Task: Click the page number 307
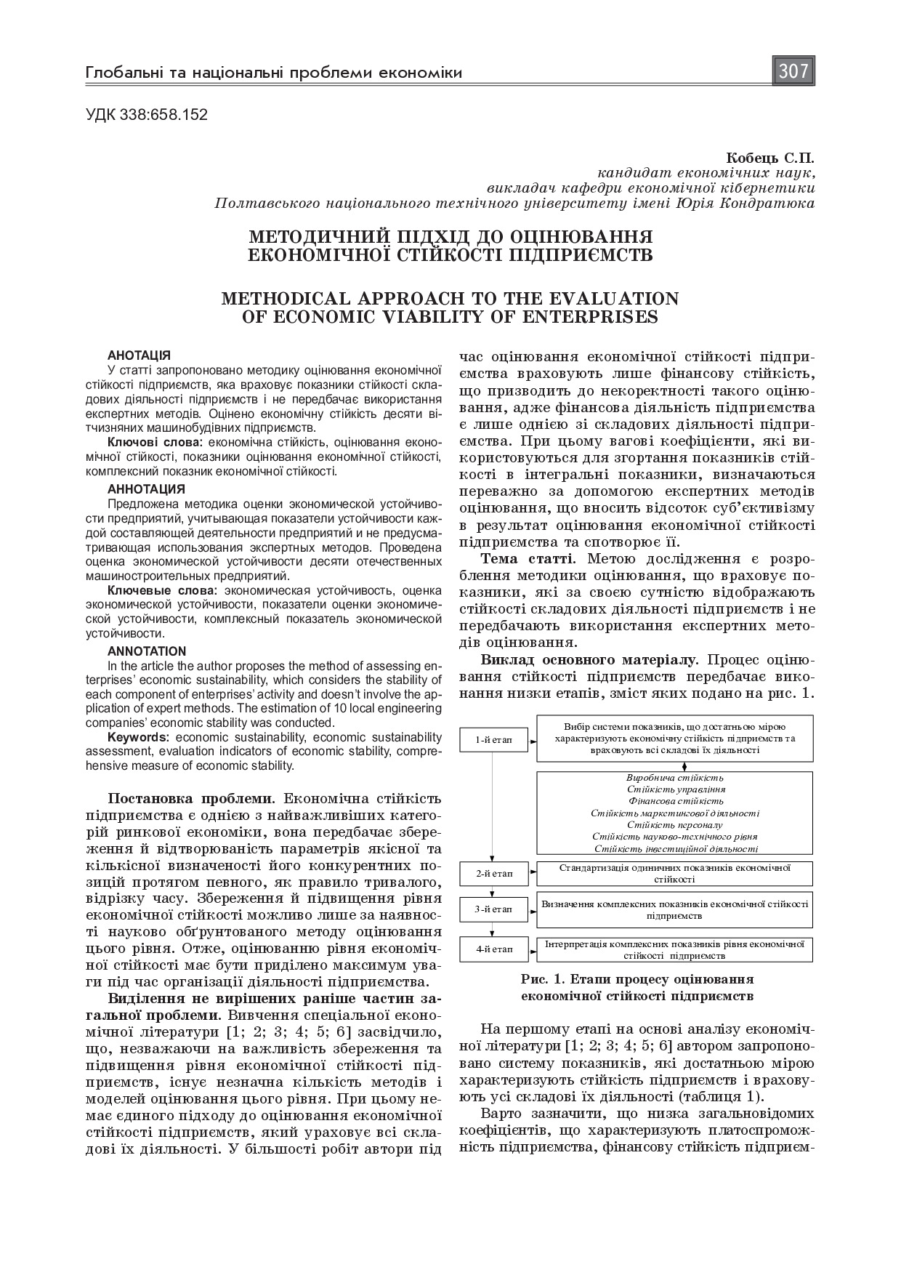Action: tap(793, 71)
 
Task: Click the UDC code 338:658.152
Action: tap(146, 114)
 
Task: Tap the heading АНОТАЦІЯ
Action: tap(139, 355)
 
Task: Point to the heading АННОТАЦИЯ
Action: tap(146, 488)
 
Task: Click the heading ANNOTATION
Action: tap(147, 651)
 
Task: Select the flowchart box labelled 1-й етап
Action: tap(493, 739)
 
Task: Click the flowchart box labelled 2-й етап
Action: tap(493, 874)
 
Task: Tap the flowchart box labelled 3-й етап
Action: tap(493, 909)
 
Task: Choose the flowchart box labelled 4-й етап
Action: tap(493, 949)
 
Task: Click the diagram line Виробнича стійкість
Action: tap(675, 778)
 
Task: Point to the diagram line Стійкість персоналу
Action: tap(675, 825)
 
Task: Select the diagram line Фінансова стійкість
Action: tap(675, 801)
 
